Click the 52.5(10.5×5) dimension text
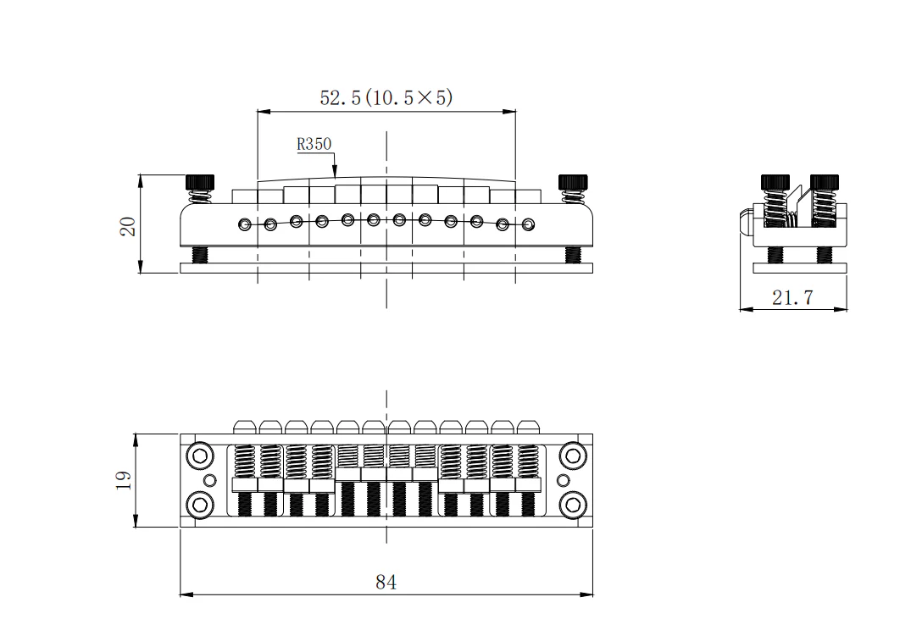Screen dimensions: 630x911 click(386, 97)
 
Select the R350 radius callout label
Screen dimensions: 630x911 click(314, 144)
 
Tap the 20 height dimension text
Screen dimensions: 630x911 click(128, 225)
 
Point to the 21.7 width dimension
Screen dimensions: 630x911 click(792, 297)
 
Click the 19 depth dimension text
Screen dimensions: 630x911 click(124, 480)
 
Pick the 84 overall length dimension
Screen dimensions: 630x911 click(386, 582)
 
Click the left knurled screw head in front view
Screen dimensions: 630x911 click(200, 182)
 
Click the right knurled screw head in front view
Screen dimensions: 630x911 click(572, 182)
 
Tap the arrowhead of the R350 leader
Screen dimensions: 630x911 click(335, 174)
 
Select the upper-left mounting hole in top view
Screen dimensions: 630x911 click(200, 456)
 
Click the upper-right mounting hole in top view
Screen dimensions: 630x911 click(573, 456)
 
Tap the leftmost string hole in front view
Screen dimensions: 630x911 click(244, 224)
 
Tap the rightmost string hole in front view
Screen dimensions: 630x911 click(528, 224)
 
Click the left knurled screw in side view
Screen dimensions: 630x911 click(775, 182)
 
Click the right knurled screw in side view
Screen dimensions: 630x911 click(824, 182)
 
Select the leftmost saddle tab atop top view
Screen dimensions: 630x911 click(244, 426)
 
